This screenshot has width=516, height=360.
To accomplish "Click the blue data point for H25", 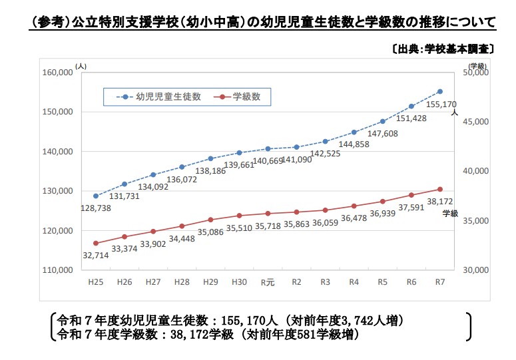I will (96, 196).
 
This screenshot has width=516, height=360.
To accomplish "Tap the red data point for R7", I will (440, 190).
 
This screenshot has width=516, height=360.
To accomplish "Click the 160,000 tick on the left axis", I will (57, 73).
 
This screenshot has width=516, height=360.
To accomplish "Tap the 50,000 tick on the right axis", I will (475, 73).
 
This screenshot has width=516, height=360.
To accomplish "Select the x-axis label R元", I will (268, 282).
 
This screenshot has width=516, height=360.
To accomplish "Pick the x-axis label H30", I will (239, 282).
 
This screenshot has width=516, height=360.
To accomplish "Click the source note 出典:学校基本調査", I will (439, 49).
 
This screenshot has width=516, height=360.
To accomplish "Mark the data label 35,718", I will (268, 226).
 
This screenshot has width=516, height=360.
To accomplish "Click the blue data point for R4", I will (354, 132).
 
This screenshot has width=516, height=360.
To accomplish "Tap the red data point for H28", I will (182, 226).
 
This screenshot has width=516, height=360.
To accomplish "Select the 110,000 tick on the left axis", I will (57, 270).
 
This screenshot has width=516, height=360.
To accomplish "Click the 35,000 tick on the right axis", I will (475, 221).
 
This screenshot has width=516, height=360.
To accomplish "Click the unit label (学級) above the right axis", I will (477, 65).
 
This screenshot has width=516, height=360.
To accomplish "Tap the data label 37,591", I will (411, 207).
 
